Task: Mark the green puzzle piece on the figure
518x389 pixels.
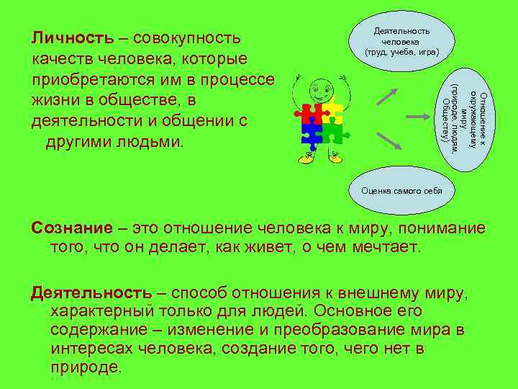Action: (x=331, y=133)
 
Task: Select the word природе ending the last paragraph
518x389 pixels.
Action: (x=86, y=365)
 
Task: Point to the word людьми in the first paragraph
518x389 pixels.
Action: (x=153, y=140)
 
